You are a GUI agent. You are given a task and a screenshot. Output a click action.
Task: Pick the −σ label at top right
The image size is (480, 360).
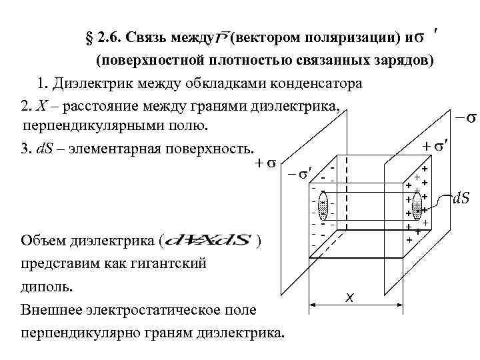coord(465,119)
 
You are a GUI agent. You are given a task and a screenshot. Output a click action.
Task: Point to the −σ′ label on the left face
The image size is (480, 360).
coord(301,174)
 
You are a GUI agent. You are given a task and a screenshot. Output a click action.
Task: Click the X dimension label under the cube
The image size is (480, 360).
coord(349,297)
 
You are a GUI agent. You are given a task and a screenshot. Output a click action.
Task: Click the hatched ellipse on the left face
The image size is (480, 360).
coord(323,206)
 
